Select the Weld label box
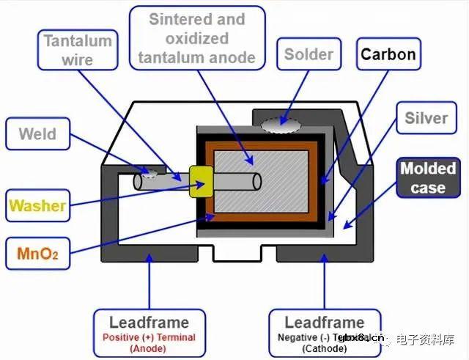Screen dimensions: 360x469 pyautogui.click(x=38, y=135)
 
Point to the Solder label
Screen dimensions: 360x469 pyautogui.click(x=309, y=54)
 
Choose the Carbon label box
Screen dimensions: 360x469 pyautogui.click(x=388, y=54)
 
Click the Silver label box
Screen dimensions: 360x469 pyautogui.click(x=426, y=118)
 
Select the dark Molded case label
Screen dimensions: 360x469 pyautogui.click(x=427, y=177)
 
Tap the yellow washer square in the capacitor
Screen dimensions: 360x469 pyautogui.click(x=200, y=180)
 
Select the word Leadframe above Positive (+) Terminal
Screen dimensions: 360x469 pyautogui.click(x=149, y=323)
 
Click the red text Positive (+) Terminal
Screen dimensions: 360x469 pyautogui.click(x=149, y=337)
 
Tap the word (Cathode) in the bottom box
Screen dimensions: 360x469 pyautogui.click(x=324, y=349)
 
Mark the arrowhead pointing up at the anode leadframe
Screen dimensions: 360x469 pyautogui.click(x=149, y=259)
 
